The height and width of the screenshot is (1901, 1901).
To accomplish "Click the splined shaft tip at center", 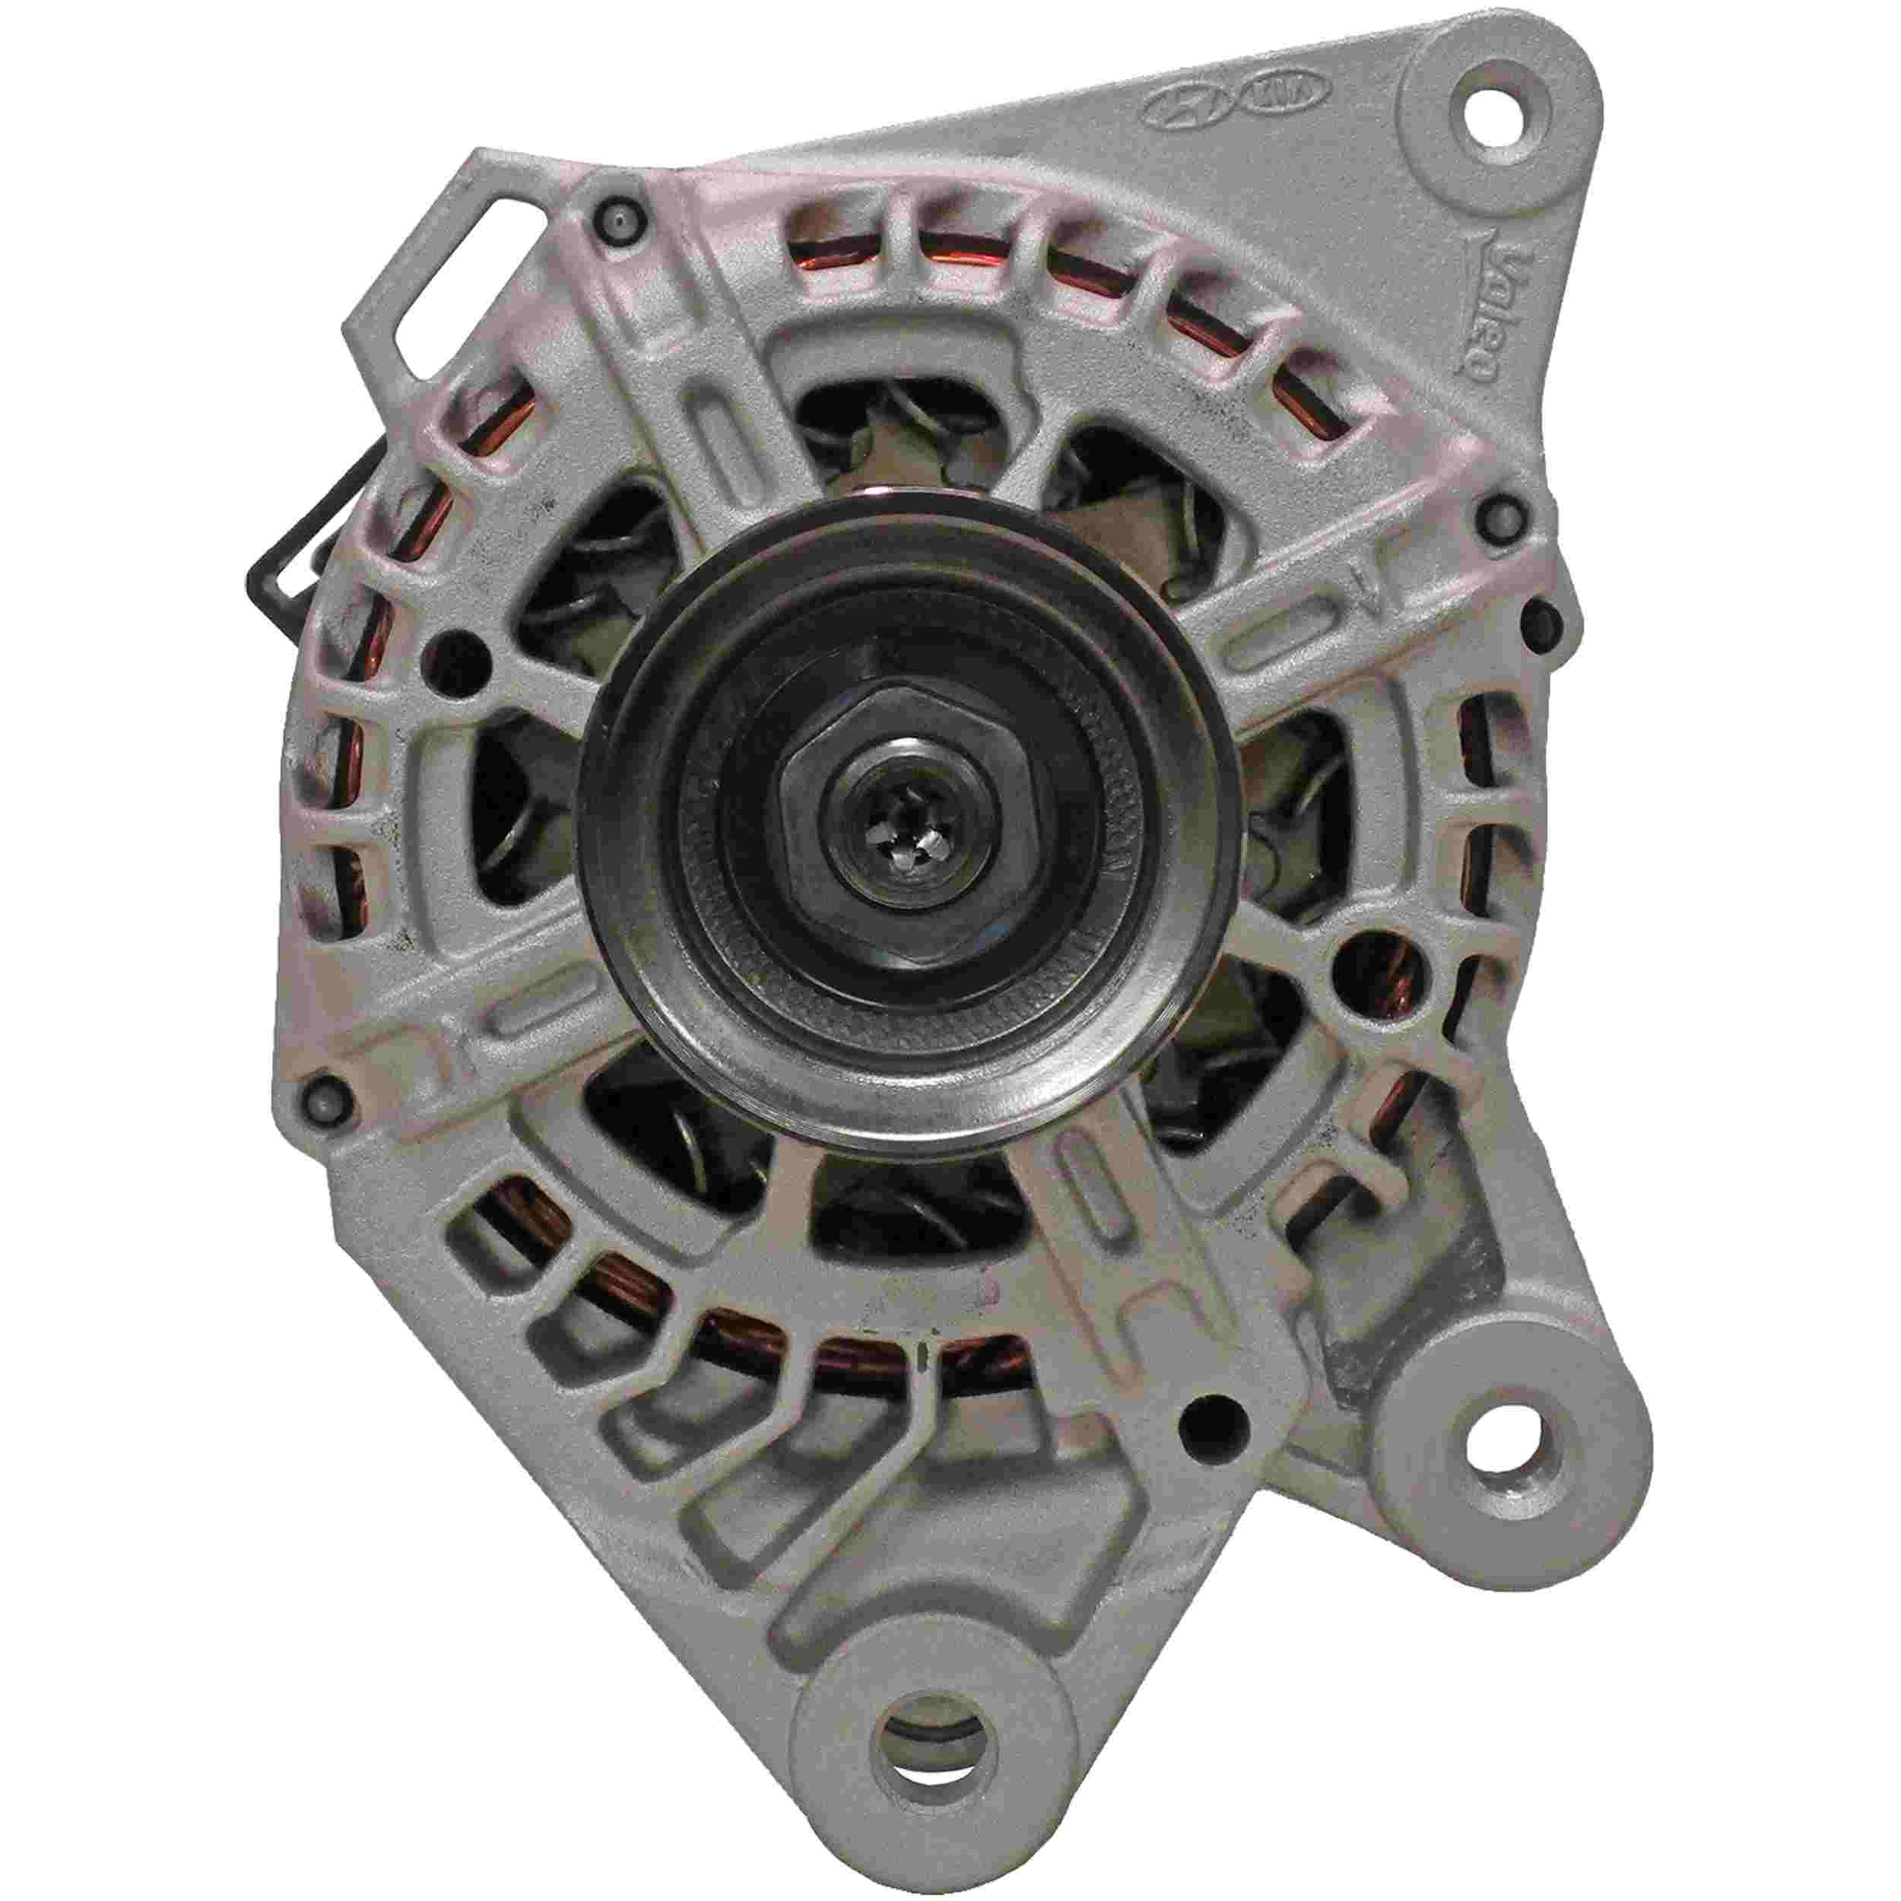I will [897, 837].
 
